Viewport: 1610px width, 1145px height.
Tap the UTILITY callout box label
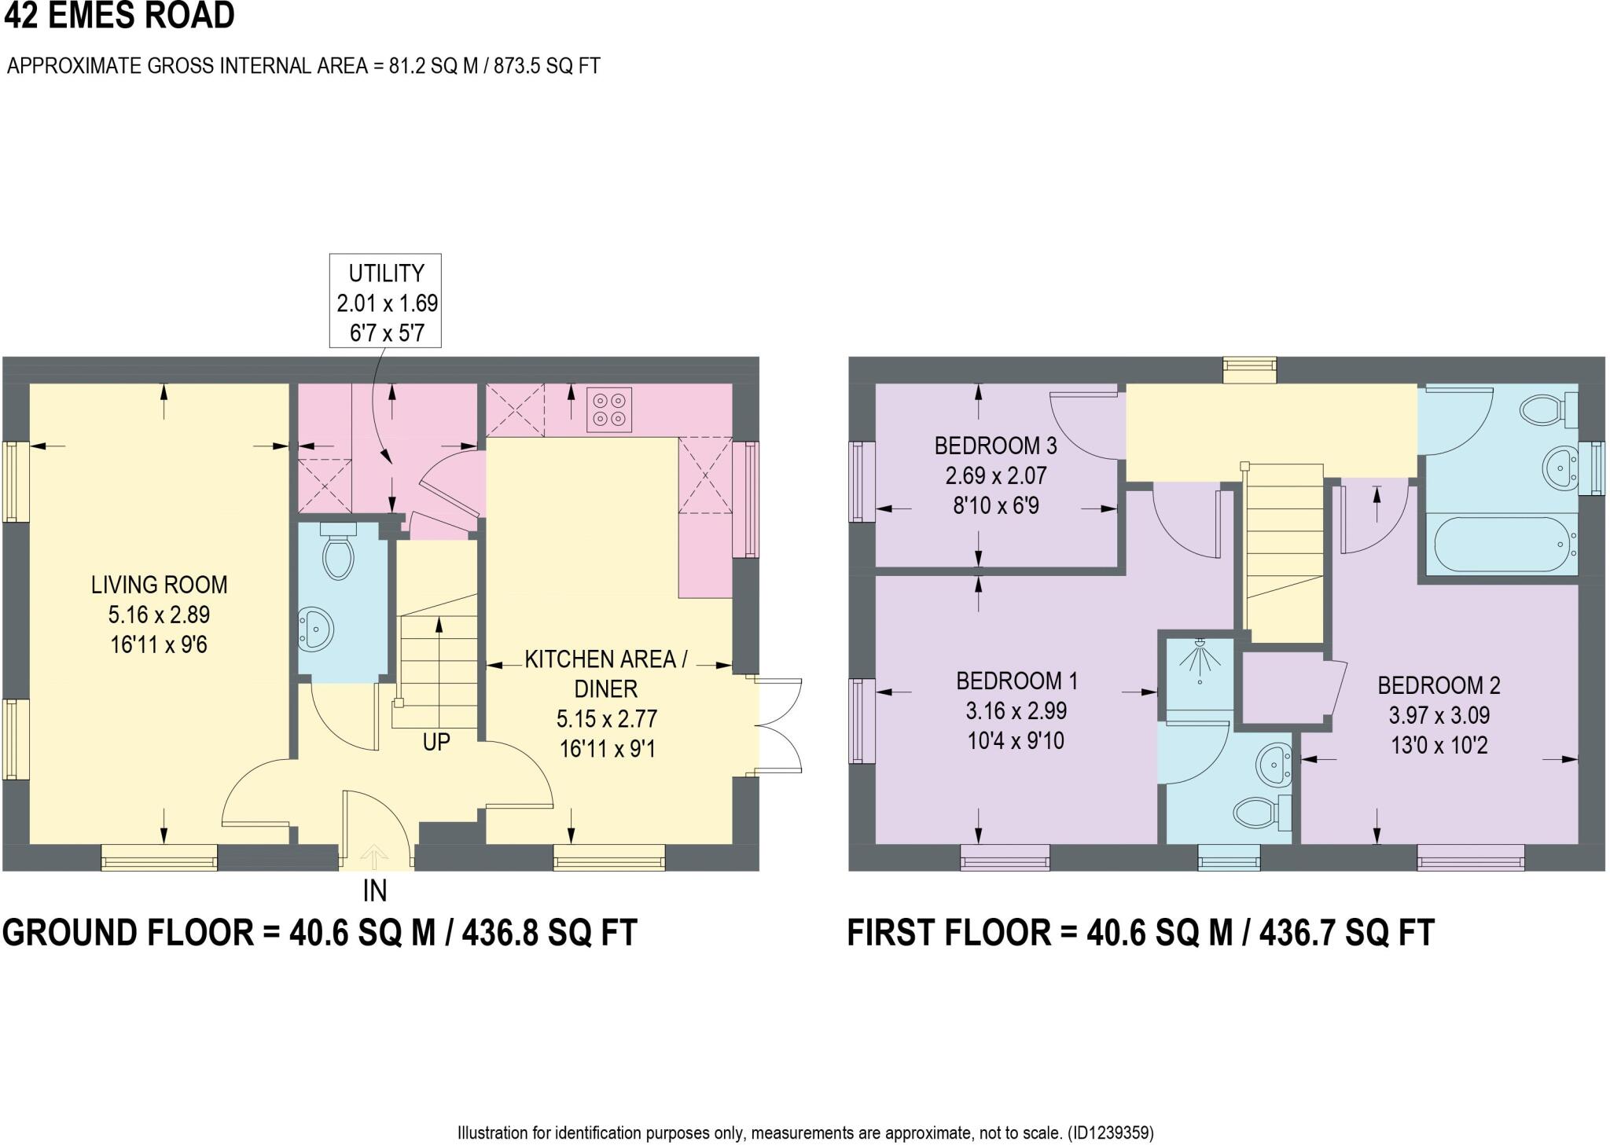click(x=385, y=273)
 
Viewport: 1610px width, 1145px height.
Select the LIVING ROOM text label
click(x=160, y=585)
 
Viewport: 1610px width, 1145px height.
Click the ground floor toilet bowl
click(x=338, y=554)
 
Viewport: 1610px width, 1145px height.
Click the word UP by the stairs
click(x=436, y=742)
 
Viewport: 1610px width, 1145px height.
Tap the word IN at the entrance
click(x=375, y=891)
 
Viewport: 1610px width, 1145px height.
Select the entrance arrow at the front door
click(x=375, y=856)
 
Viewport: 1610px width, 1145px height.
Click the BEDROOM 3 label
click(x=995, y=446)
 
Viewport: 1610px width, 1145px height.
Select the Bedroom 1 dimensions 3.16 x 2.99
click(x=1016, y=711)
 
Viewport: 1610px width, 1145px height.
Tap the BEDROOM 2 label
click(x=1439, y=685)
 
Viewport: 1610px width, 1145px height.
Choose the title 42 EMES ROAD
click(x=119, y=16)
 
